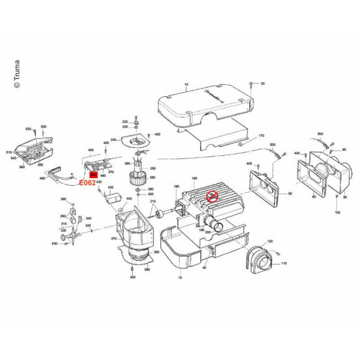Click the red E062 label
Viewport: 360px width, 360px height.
click(87, 183)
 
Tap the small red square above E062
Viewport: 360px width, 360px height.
click(93, 175)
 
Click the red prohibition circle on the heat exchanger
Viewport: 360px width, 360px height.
click(211, 196)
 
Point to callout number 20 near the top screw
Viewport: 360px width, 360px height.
click(262, 84)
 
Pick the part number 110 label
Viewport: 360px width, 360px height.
click(284, 263)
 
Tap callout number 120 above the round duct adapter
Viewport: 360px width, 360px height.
click(270, 242)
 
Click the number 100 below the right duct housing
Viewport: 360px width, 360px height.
click(338, 214)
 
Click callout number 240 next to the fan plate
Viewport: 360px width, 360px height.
click(113, 140)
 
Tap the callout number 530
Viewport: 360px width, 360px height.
click(45, 126)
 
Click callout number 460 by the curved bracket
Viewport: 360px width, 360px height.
click(43, 178)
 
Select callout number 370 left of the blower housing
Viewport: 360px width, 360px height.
click(114, 240)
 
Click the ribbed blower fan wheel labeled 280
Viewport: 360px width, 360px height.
click(138, 177)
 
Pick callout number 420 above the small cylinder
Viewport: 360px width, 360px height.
click(111, 188)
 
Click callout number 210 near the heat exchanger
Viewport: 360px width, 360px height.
click(154, 200)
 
